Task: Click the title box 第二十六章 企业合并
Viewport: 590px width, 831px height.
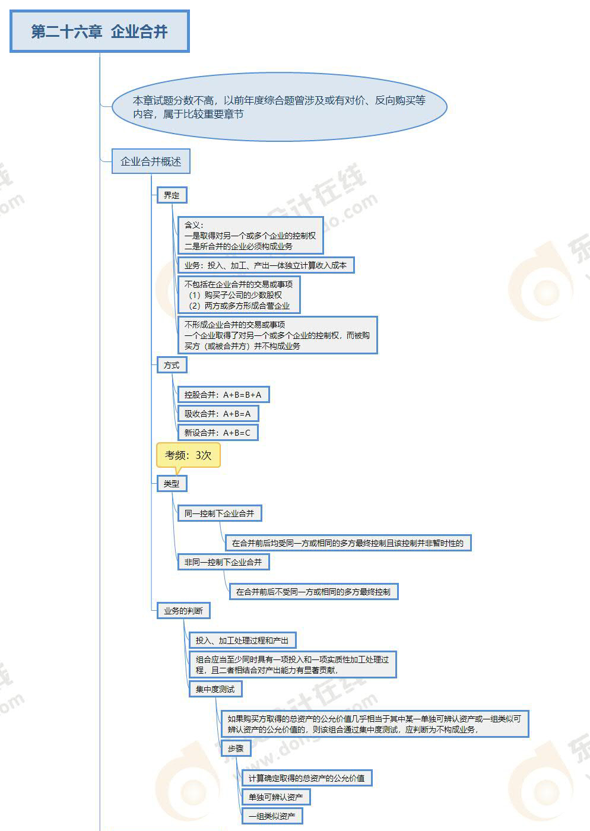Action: [x=100, y=31]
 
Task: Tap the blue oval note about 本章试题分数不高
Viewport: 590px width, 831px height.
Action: [x=279, y=107]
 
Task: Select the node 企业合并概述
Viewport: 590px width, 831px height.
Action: [x=151, y=161]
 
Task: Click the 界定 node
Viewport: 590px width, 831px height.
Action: [x=172, y=195]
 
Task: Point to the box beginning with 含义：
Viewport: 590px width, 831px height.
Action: [x=250, y=235]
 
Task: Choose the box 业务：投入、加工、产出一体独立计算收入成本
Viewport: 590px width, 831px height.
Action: [x=265, y=265]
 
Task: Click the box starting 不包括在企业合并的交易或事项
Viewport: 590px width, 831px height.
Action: [x=238, y=295]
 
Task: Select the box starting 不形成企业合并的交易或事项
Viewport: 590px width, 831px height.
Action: [x=277, y=335]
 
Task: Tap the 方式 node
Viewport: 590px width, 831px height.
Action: [x=172, y=365]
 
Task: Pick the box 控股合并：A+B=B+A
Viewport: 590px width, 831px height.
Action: [x=223, y=395]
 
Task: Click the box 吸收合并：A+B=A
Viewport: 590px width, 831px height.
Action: [x=218, y=414]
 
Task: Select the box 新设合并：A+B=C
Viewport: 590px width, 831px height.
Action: [x=218, y=433]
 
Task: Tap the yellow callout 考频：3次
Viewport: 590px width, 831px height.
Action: [x=188, y=455]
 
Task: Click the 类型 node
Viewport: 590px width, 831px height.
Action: [x=172, y=484]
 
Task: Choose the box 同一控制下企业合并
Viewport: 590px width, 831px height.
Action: [x=219, y=513]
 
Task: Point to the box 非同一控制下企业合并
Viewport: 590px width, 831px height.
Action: [x=223, y=562]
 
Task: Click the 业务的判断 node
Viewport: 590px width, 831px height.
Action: [x=183, y=611]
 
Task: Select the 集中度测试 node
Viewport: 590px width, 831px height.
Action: [x=215, y=689]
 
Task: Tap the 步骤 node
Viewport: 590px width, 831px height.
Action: [x=236, y=748]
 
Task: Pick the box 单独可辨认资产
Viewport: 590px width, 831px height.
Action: [x=275, y=797]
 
